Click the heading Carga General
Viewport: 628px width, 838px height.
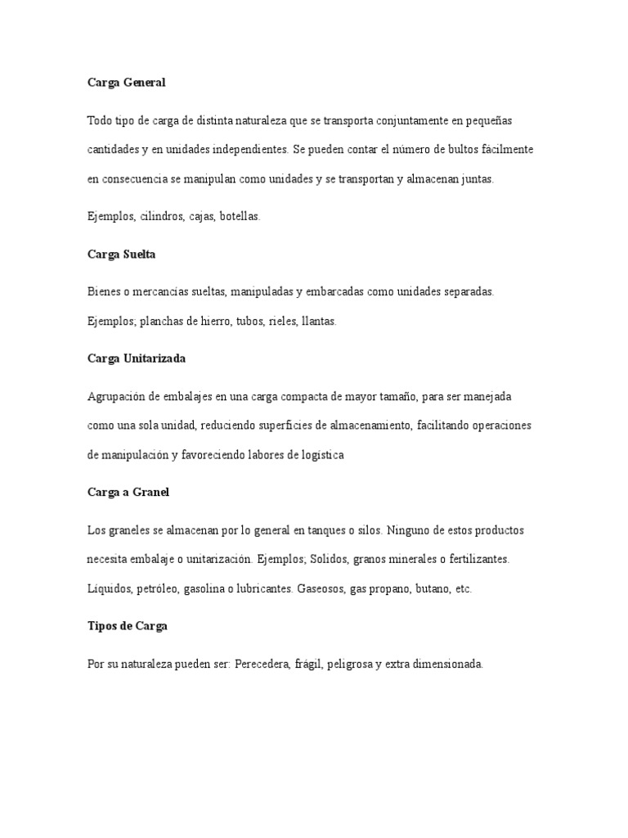click(x=126, y=83)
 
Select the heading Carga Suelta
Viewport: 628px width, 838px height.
click(x=121, y=255)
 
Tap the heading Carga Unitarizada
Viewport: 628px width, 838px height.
click(x=137, y=358)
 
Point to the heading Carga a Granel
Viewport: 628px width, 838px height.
click(x=128, y=493)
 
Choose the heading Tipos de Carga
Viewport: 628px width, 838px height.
click(x=128, y=627)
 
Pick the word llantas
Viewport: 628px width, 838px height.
click(x=318, y=322)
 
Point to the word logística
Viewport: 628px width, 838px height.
click(x=321, y=456)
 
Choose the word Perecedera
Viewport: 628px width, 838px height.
click(x=262, y=665)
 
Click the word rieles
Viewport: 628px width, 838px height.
click(x=282, y=322)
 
